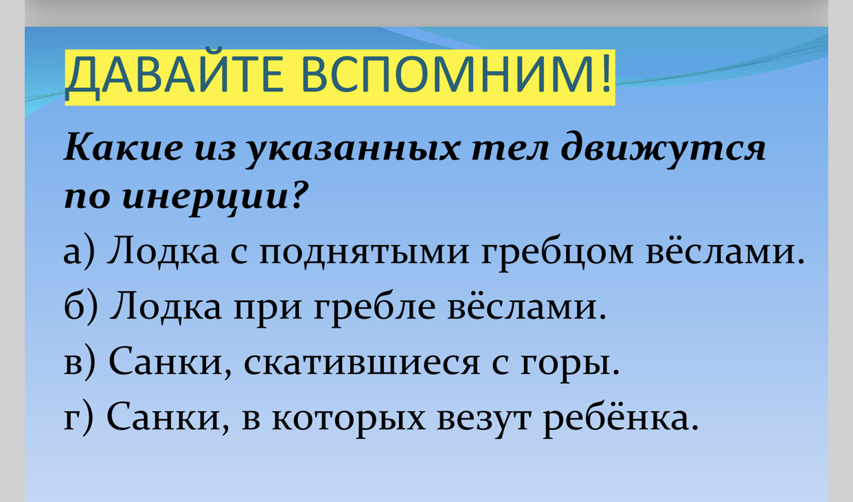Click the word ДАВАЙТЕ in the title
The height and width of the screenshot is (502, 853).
[x=174, y=75]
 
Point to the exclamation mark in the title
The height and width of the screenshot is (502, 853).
[x=607, y=73]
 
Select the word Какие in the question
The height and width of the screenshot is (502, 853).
[x=123, y=148]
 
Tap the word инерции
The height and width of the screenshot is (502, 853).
[x=205, y=198]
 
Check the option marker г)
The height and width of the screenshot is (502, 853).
[x=78, y=417]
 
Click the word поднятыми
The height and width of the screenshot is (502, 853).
[x=364, y=253]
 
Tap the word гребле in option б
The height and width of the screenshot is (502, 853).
[x=374, y=309]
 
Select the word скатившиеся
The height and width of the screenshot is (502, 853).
[x=361, y=363]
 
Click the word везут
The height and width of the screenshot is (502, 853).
[x=484, y=419]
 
